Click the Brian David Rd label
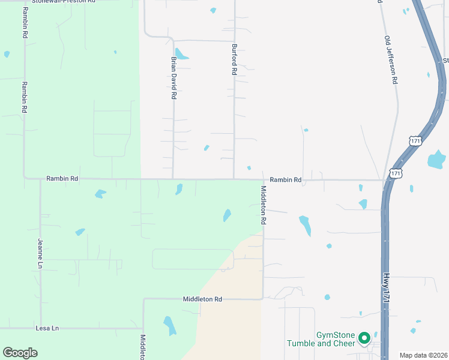(x=173, y=78)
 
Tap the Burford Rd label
(x=234, y=59)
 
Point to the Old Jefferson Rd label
(x=391, y=59)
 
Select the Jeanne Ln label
(x=41, y=254)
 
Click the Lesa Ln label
(x=47, y=328)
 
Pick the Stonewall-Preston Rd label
(x=63, y=2)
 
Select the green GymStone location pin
(x=364, y=339)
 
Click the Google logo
(x=20, y=353)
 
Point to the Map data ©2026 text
(x=423, y=355)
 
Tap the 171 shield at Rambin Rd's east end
(x=395, y=173)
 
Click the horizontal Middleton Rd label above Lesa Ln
(x=202, y=299)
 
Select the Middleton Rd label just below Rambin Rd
(x=263, y=205)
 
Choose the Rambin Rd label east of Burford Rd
(x=285, y=179)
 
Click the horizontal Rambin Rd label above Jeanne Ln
(x=62, y=179)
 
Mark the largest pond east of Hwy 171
(x=436, y=160)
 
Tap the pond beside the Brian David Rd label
(x=182, y=55)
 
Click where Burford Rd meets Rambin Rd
(x=234, y=179)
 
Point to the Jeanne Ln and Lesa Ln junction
(x=41, y=328)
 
